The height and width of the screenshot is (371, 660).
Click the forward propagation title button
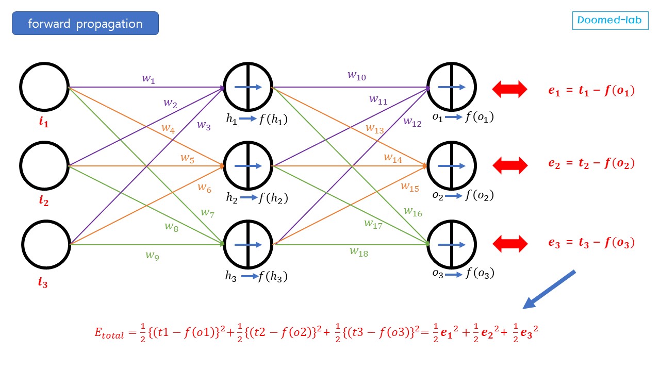(x=85, y=24)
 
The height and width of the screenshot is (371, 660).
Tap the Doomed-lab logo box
(x=610, y=21)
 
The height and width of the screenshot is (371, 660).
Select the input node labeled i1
(x=44, y=87)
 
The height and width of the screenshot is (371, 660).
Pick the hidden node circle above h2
(x=248, y=165)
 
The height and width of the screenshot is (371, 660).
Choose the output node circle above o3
(x=452, y=244)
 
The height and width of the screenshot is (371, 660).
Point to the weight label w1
(x=148, y=79)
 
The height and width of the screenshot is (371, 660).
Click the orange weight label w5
(x=187, y=158)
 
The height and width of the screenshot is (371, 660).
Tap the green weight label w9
(x=152, y=255)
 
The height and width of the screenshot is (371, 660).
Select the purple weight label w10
(x=356, y=76)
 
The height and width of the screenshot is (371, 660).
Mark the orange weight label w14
(x=392, y=158)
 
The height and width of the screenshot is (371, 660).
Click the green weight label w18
(x=359, y=251)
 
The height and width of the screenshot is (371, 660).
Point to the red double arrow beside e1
(x=509, y=89)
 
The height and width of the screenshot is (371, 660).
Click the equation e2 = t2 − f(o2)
(x=591, y=164)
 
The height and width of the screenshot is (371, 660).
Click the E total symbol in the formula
(x=109, y=333)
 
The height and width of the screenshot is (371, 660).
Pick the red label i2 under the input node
(x=44, y=201)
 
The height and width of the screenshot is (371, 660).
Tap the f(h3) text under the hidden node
(x=273, y=276)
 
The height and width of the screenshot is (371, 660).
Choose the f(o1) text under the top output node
(x=480, y=117)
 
